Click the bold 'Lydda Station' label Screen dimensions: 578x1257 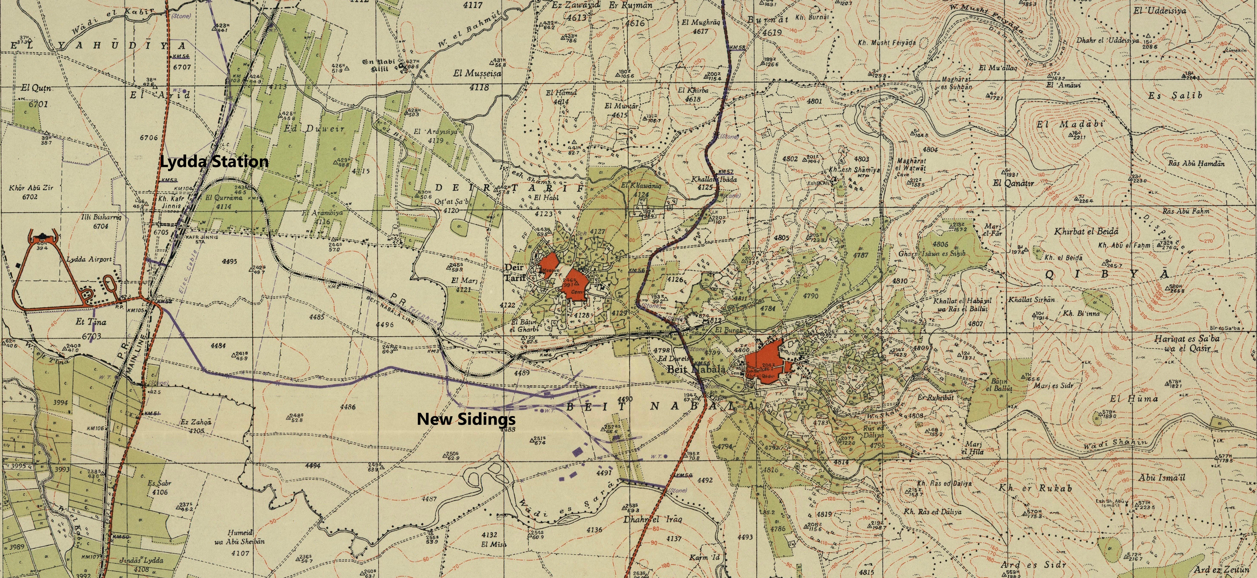coord(214,162)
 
